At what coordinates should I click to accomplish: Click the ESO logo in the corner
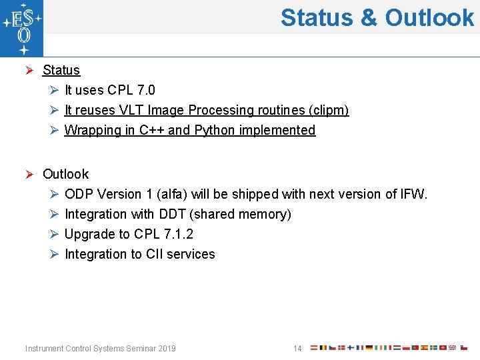[x=21, y=28]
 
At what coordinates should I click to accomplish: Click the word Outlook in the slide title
[x=429, y=17]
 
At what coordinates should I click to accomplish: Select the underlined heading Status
[x=61, y=70]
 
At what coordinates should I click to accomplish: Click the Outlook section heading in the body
[x=65, y=174]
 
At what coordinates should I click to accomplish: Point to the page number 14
[x=297, y=349]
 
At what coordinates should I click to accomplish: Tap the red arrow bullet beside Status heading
[x=29, y=71]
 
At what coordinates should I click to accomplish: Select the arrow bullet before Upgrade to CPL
[x=55, y=235]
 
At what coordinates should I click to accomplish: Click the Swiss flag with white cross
[x=443, y=348]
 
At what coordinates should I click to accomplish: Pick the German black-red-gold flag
[x=369, y=348]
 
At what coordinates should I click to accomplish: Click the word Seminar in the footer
[x=135, y=349]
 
